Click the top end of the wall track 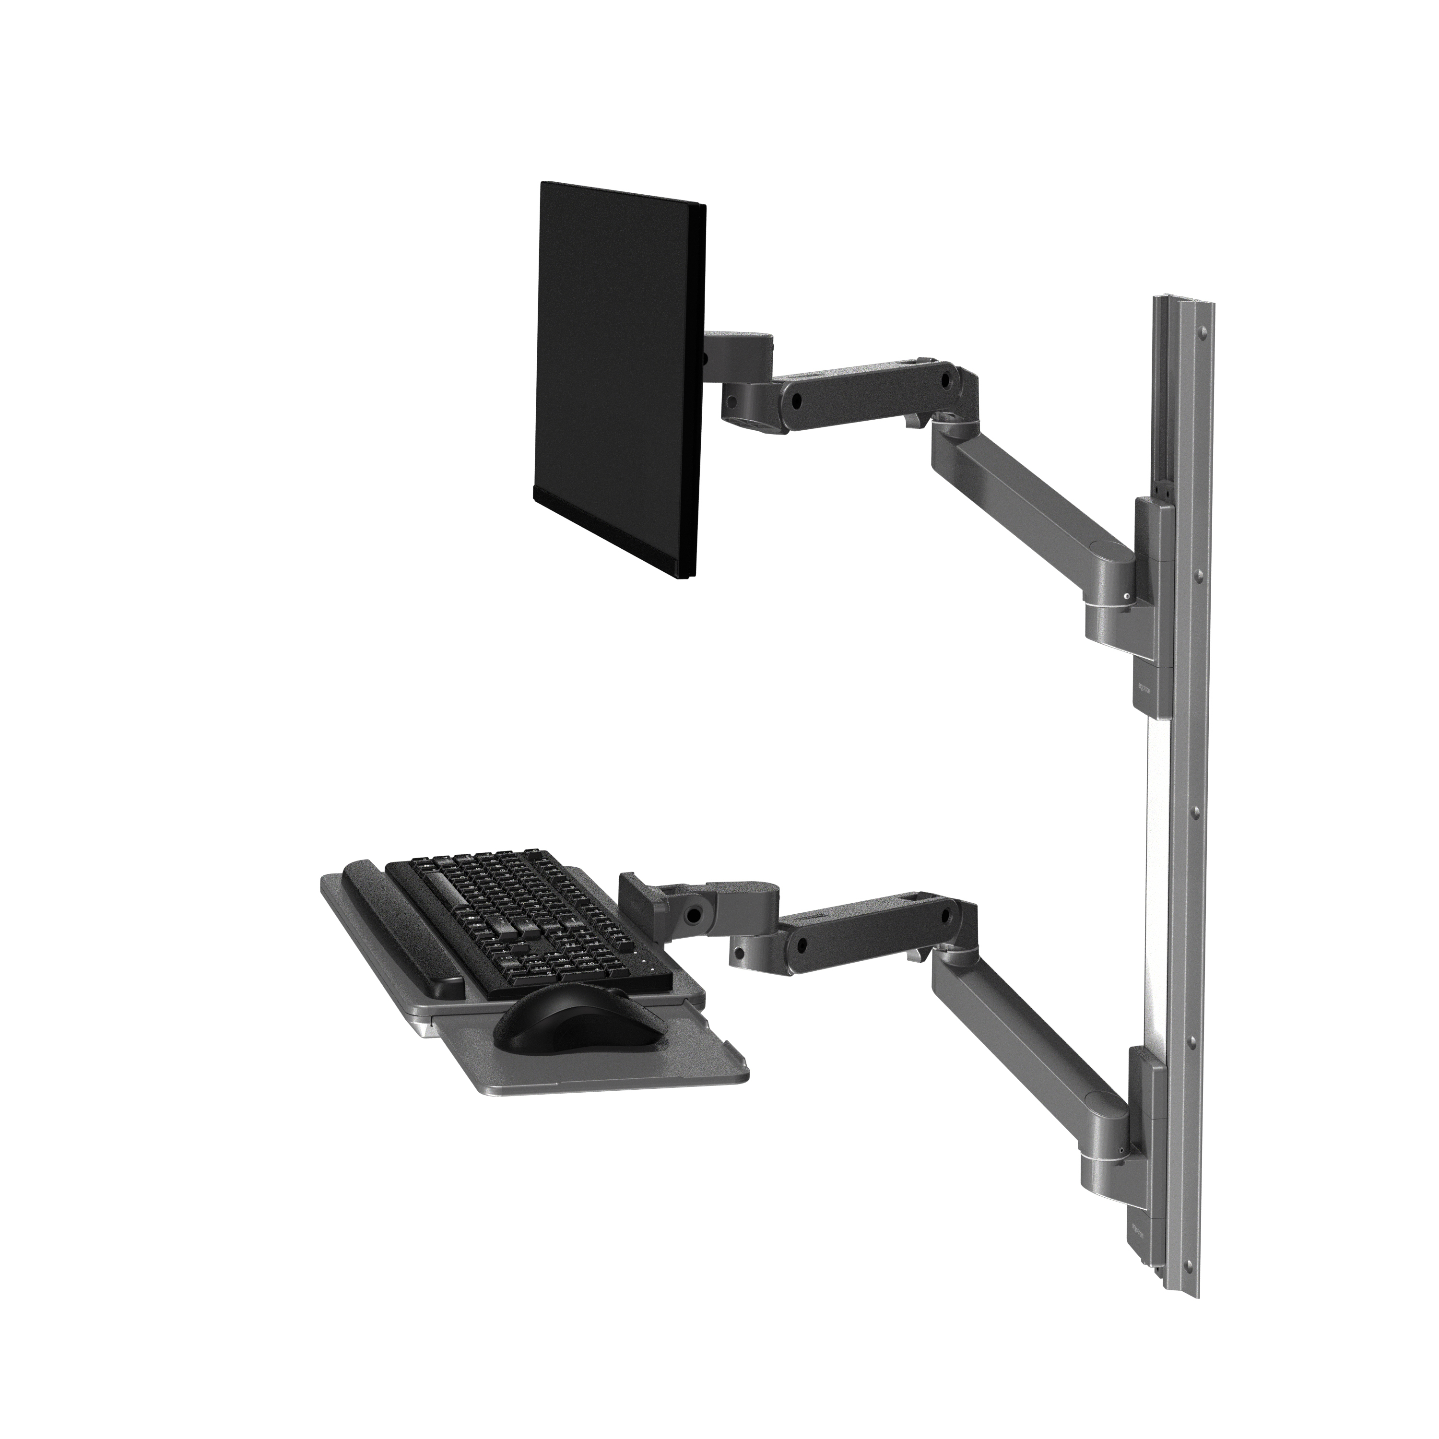click(x=1184, y=302)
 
